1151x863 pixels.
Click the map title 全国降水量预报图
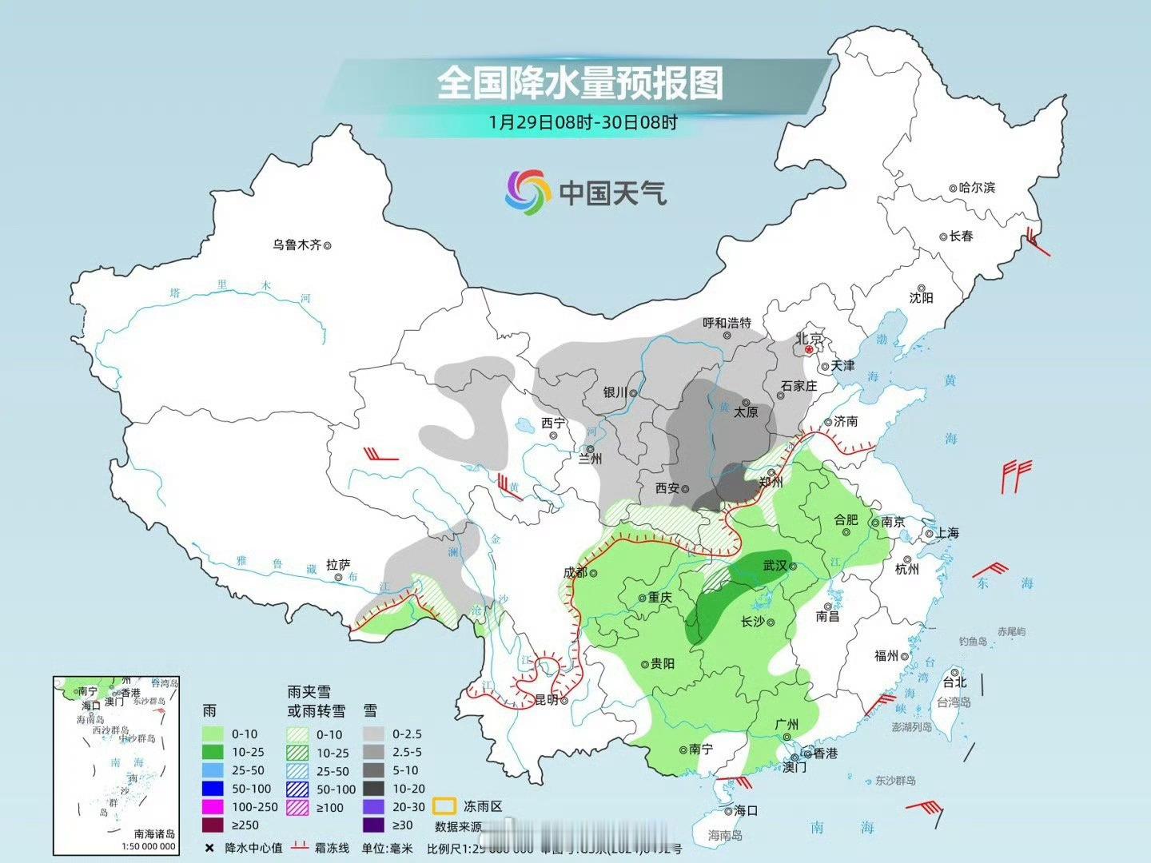point(579,83)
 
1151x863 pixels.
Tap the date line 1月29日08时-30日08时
point(583,122)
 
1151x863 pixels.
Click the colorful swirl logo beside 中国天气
point(528,192)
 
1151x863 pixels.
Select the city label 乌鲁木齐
point(297,245)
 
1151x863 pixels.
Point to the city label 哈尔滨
point(977,188)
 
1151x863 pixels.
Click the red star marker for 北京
point(810,349)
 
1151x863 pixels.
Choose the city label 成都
point(575,572)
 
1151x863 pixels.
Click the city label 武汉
point(775,566)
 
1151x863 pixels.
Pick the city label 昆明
point(546,700)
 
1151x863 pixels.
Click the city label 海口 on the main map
point(745,810)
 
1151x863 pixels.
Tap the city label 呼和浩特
point(727,323)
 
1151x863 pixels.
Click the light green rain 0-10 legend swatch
point(212,734)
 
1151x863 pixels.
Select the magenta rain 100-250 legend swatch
point(212,807)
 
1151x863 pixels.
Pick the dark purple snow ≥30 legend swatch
point(373,825)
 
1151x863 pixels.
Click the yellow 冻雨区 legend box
point(444,806)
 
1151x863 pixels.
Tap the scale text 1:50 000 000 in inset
point(148,846)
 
